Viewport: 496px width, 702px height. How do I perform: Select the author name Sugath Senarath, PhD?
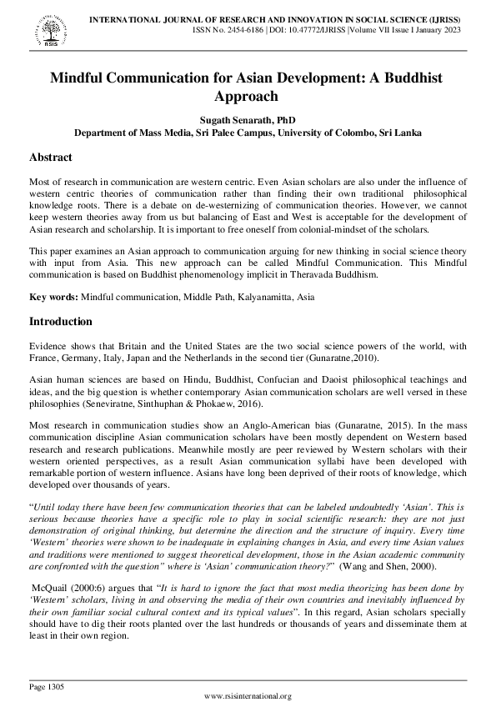[x=248, y=120]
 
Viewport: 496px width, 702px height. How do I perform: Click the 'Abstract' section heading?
[x=51, y=158]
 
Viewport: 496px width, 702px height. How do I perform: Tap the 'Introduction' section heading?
[x=62, y=321]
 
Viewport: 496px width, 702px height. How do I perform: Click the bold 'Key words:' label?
[x=53, y=296]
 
